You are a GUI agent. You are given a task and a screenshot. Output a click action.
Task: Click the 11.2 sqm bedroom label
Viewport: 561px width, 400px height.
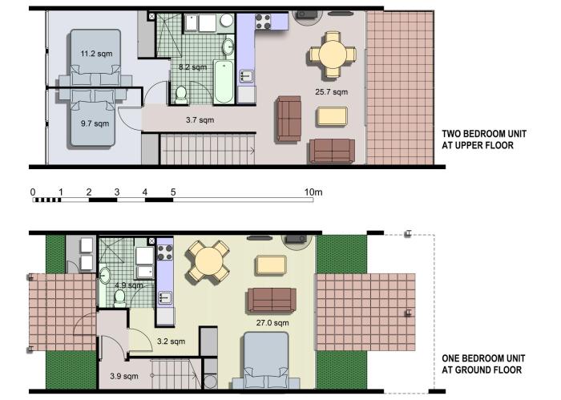coord(96,54)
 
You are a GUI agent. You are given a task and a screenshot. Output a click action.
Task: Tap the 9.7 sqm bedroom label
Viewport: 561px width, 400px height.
coord(95,123)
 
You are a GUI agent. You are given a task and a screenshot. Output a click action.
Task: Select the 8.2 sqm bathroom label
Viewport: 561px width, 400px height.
coord(193,67)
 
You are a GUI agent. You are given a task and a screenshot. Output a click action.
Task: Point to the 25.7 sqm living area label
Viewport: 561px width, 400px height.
coord(331,91)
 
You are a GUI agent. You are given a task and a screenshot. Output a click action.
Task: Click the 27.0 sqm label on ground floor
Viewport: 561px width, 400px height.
coord(272,323)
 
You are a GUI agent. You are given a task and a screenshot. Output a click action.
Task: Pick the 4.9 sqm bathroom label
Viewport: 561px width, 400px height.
coord(129,285)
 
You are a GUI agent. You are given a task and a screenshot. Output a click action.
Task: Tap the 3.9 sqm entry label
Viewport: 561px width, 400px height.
coord(123,376)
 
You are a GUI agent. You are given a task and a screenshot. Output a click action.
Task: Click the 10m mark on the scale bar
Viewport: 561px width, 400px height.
coord(313,192)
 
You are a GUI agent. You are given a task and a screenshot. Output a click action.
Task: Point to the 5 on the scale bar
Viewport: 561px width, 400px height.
coord(173,192)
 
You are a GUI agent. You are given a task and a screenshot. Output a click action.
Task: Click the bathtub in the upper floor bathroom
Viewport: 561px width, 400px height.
coord(224,82)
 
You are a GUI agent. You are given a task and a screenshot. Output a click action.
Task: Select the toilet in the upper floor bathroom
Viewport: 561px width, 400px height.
coord(181,94)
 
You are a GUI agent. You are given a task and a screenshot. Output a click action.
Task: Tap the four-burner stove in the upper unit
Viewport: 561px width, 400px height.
coord(263,22)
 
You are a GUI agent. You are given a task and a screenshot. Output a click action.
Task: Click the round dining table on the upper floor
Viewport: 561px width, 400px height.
coord(333,55)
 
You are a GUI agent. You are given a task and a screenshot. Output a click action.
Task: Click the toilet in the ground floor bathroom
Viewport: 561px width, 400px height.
coord(119,298)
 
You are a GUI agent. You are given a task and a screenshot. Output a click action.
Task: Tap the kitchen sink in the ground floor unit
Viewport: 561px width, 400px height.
coord(165,297)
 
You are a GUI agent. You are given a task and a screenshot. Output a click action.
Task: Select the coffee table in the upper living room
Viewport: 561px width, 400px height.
coord(332,116)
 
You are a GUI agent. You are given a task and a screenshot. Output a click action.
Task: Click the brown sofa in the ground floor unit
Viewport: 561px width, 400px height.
coord(272,300)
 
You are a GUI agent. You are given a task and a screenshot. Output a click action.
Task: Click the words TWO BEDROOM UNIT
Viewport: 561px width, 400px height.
coord(484,134)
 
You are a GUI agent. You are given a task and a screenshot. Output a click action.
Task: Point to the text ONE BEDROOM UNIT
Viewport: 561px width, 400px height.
coord(483,358)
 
